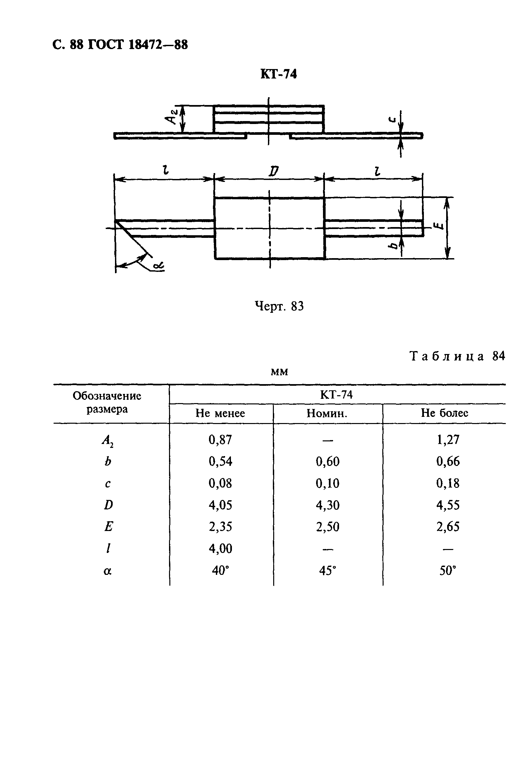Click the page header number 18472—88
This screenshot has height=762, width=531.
click(158, 44)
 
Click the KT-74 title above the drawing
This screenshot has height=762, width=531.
click(278, 74)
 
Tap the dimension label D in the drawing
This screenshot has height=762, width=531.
click(273, 171)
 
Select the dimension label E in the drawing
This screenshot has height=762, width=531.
click(439, 227)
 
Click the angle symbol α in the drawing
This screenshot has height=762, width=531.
click(159, 266)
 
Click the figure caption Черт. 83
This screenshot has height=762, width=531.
click(279, 306)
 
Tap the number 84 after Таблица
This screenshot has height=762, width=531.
click(499, 356)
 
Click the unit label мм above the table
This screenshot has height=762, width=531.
click(279, 372)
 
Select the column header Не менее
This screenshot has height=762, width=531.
click(220, 413)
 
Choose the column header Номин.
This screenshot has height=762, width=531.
click(327, 413)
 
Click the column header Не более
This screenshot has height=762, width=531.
click(445, 413)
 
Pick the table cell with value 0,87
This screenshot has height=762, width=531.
click(220, 440)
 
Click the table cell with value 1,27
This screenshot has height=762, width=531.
click(448, 440)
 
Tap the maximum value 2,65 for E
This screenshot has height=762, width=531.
click(448, 527)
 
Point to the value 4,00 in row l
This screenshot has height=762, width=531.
click(220, 549)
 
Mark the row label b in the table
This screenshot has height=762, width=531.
click(108, 462)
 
